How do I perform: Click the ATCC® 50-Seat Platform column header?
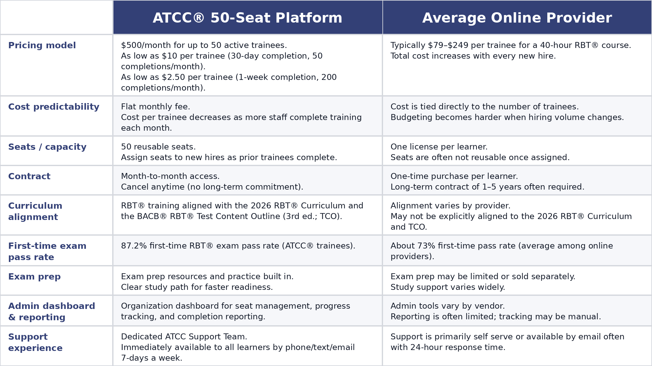pos(247,18)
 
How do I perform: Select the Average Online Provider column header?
pos(517,18)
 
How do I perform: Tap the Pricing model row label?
pos(42,45)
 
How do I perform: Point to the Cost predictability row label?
pos(54,107)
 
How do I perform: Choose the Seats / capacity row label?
pos(47,147)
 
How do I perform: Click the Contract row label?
pos(29,176)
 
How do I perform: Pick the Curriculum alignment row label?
pos(35,211)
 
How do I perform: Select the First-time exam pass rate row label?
pos(47,251)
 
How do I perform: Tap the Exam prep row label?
pos(34,277)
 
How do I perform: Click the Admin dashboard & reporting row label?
pos(52,311)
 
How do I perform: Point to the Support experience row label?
pos(35,342)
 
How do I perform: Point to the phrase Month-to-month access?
pos(170,176)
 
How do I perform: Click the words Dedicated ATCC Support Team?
pos(184,337)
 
